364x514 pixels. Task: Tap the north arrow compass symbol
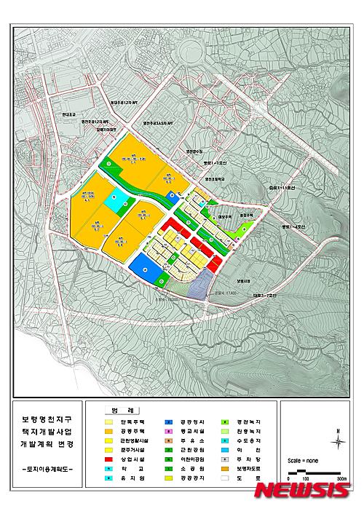[338, 438]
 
